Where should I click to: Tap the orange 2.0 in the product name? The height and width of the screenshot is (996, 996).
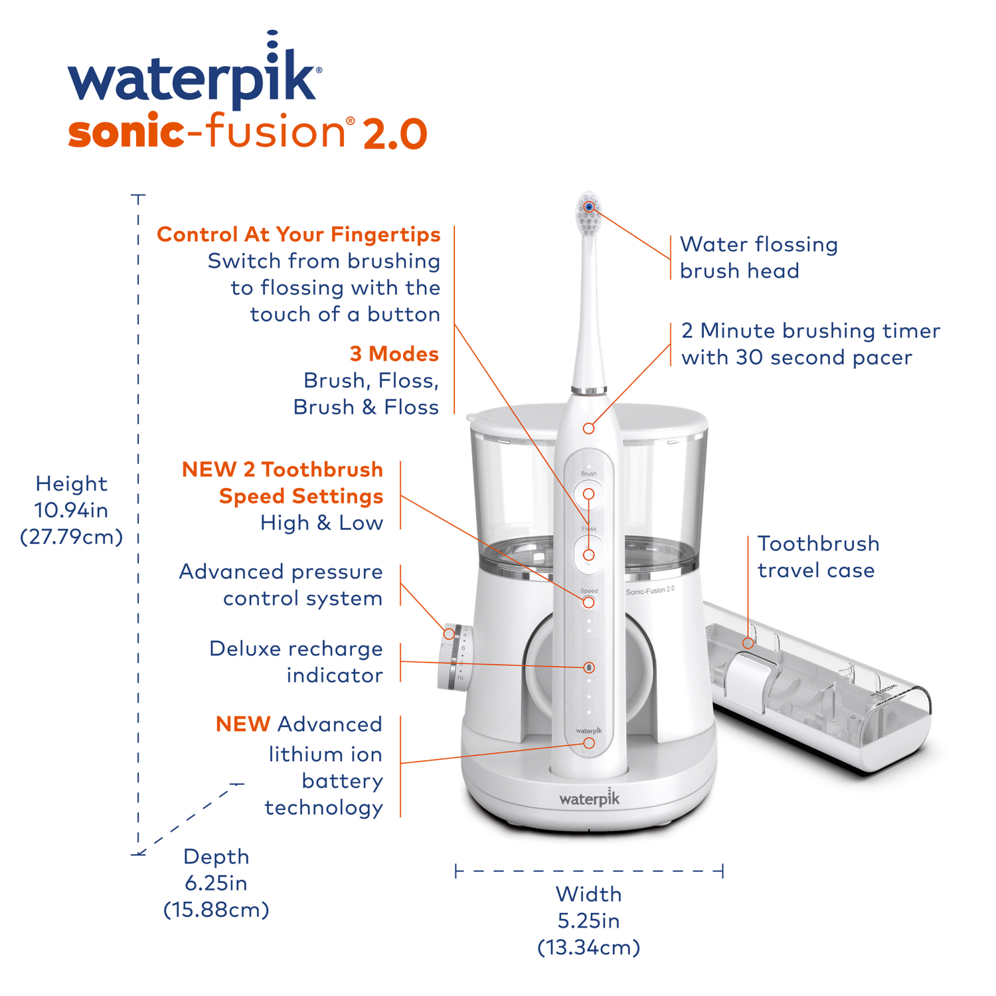coord(394,133)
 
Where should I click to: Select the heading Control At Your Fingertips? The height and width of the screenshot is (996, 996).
coord(298,234)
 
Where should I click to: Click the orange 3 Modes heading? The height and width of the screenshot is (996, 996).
coord(394,354)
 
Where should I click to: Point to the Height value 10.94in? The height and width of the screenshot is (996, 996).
coord(71,510)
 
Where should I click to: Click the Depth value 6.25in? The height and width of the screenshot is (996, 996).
coord(216,883)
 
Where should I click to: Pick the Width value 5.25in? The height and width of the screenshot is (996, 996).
coord(588,921)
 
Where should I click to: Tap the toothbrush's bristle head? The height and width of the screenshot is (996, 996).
coord(588,214)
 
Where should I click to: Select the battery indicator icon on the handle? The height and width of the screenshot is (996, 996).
coord(589,667)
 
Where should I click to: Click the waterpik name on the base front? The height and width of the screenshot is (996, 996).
coord(589,798)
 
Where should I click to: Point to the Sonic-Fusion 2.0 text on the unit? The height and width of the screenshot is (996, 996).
coord(649,590)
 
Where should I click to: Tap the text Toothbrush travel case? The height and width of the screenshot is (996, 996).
coord(818,557)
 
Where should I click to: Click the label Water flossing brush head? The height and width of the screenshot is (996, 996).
coord(758,258)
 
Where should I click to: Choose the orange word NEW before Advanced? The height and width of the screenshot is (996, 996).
coord(242,724)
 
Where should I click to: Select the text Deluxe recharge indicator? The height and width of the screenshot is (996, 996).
coord(296,662)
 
